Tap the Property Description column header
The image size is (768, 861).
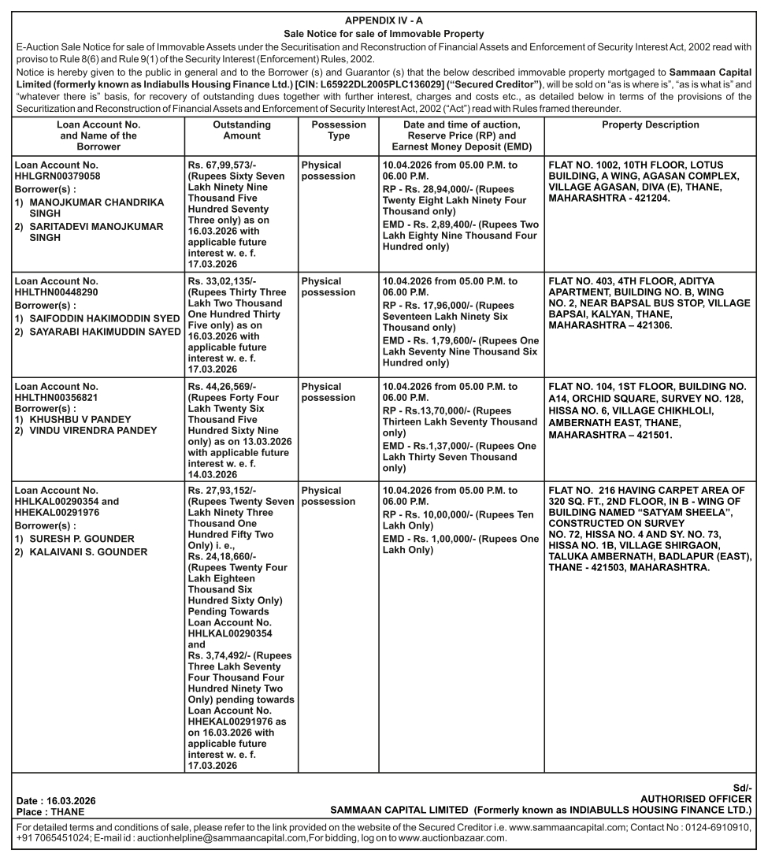(x=650, y=125)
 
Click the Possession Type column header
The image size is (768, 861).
(x=339, y=131)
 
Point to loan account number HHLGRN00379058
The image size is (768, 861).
(x=57, y=177)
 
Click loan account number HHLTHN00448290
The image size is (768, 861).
(x=57, y=292)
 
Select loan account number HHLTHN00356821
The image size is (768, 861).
(x=57, y=399)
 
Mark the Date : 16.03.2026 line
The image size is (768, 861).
(x=57, y=800)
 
